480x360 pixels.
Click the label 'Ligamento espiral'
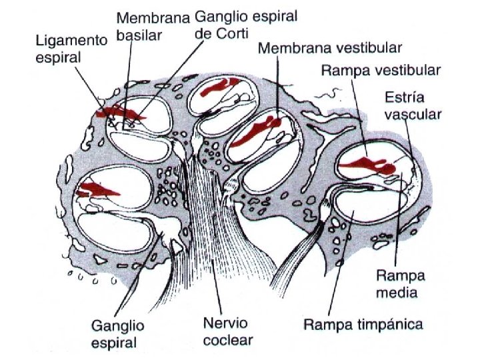pyautogui.click(x=71, y=49)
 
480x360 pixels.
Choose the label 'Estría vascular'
pyautogui.click(x=413, y=105)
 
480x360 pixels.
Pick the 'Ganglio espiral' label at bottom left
pyautogui.click(x=115, y=335)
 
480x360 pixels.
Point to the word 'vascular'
pyautogui.click(x=413, y=114)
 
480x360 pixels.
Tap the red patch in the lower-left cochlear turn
pyautogui.click(x=97, y=189)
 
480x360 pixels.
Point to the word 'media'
pyautogui.click(x=401, y=292)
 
